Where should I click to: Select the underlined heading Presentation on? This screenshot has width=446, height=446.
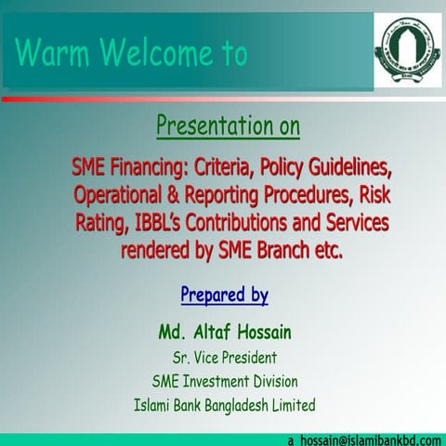(228, 125)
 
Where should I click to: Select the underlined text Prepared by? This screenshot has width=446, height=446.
(224, 296)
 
